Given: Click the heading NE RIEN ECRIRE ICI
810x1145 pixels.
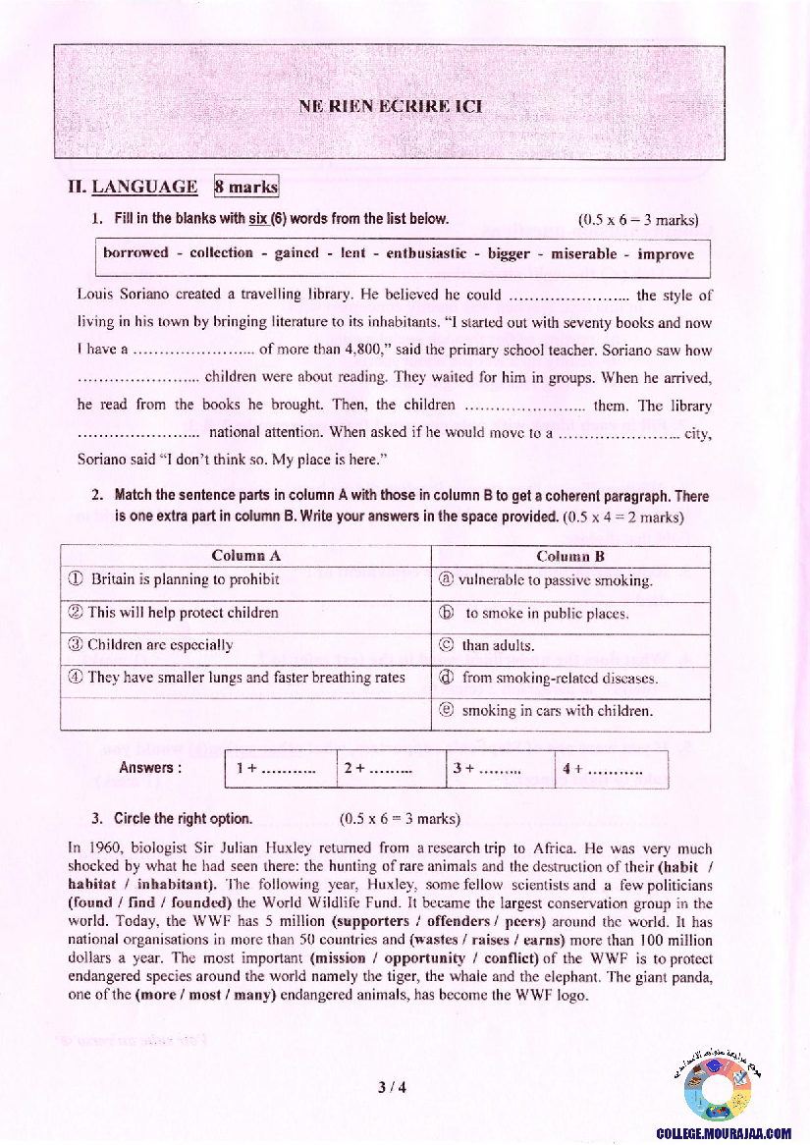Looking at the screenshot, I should [390, 106].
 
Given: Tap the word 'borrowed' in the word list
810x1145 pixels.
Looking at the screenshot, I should [135, 253].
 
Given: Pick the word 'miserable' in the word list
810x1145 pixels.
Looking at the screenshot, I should [584, 253].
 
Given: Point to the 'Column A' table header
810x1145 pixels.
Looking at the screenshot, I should [245, 557].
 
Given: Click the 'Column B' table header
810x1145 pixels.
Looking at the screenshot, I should [569, 557].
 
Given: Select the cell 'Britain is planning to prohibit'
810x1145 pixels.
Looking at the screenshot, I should [185, 579].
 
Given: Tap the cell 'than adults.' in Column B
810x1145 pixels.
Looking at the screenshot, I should [498, 645].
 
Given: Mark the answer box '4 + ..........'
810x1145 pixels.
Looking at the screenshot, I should [610, 769].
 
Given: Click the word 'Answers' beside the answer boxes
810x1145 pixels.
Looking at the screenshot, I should [149, 768].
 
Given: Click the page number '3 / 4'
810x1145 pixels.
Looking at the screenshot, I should [391, 1087].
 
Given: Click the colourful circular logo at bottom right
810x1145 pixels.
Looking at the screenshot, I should [719, 1088].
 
